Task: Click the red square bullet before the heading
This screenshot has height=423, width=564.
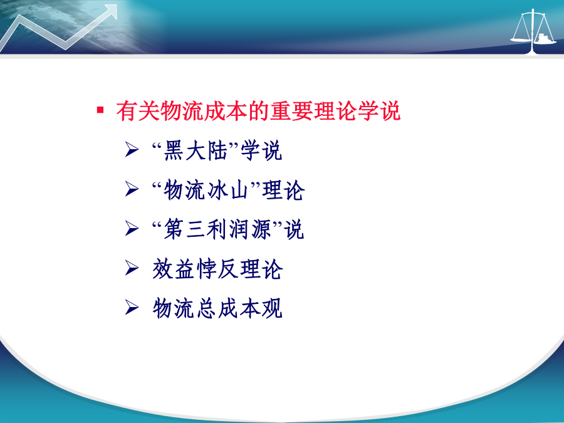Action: click(100, 110)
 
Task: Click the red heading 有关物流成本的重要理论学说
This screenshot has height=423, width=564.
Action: click(258, 111)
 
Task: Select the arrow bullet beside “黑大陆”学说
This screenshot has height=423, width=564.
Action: click(132, 149)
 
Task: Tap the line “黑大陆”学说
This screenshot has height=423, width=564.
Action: click(217, 150)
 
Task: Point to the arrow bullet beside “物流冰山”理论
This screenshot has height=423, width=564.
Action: click(132, 189)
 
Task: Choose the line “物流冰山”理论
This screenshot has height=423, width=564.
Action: click(228, 190)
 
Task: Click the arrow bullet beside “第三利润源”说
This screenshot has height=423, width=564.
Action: click(132, 228)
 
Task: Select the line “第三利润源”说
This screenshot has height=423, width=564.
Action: click(227, 229)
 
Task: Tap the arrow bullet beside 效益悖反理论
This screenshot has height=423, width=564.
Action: click(132, 268)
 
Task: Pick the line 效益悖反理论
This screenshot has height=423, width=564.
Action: click(217, 269)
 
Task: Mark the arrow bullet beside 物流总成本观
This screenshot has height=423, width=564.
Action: click(132, 308)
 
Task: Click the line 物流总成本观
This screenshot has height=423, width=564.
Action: click(217, 308)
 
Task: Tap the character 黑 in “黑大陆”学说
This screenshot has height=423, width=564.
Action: click(174, 150)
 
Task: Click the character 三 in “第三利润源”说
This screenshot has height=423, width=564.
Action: click(196, 229)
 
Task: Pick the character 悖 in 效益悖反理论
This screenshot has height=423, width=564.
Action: click(206, 269)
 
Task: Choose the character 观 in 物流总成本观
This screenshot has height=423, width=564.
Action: click(273, 308)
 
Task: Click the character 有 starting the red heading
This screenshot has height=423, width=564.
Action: click(125, 111)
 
